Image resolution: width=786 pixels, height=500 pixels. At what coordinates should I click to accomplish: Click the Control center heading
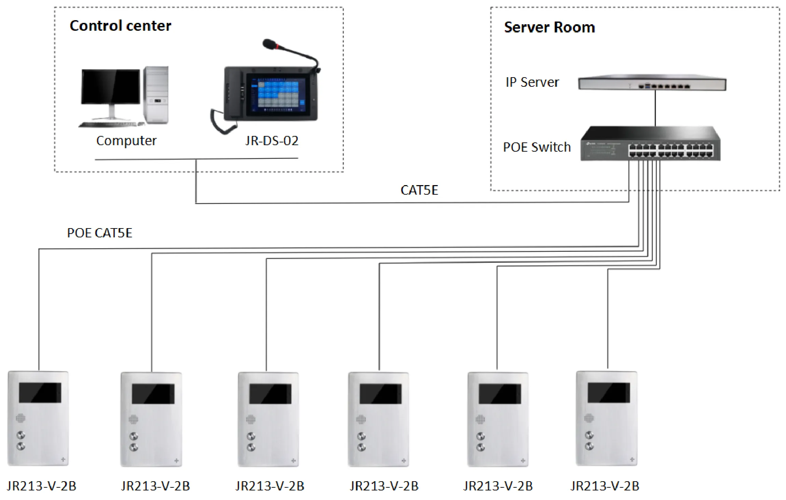(x=120, y=26)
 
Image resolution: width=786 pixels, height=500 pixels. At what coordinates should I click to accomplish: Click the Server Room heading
(x=549, y=27)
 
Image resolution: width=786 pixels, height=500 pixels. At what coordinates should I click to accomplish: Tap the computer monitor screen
(x=111, y=86)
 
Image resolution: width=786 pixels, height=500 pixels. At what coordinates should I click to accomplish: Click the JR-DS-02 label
(x=272, y=141)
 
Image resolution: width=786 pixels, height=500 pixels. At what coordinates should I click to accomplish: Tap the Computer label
(x=126, y=141)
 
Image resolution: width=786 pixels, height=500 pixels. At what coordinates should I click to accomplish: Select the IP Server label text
(x=532, y=82)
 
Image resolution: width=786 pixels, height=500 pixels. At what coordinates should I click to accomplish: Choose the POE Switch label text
(x=537, y=147)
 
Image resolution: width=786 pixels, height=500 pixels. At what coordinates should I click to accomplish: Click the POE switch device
(x=650, y=144)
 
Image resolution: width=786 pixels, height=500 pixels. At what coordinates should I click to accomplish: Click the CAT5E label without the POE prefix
(x=419, y=190)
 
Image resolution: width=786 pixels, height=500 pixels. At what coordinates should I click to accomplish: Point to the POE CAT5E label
(x=99, y=233)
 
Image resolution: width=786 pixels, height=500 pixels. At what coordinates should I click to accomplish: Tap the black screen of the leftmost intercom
(x=40, y=392)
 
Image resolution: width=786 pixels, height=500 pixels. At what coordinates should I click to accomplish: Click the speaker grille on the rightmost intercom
(x=589, y=418)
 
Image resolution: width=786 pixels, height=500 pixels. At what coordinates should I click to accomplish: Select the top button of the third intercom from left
(x=251, y=436)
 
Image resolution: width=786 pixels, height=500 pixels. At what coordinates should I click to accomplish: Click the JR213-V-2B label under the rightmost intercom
(x=605, y=486)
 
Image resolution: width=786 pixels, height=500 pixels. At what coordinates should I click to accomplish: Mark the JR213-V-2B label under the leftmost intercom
(x=41, y=486)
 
